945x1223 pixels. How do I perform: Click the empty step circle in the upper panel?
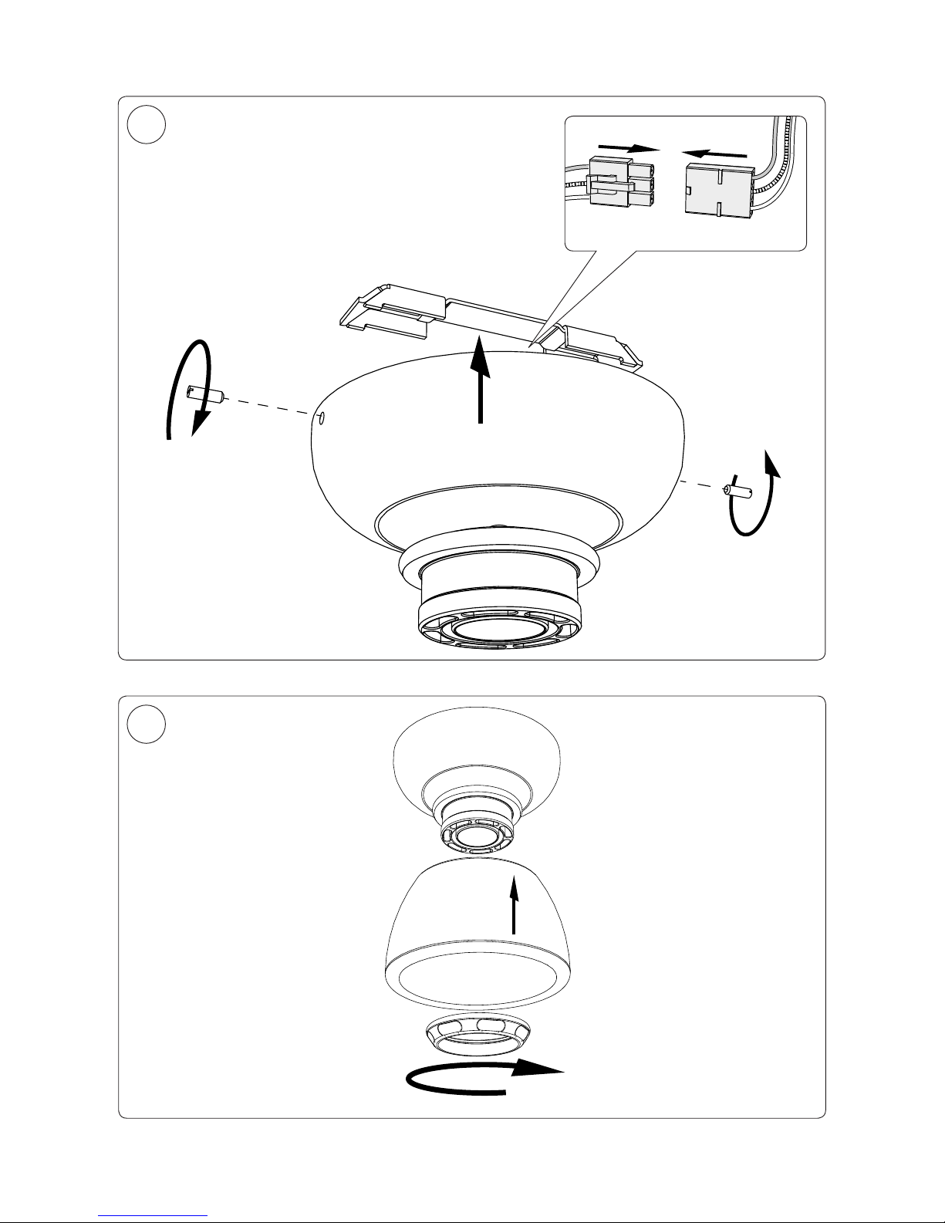(x=147, y=124)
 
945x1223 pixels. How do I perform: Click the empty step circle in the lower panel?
(x=147, y=725)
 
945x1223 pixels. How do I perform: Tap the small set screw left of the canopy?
(x=205, y=395)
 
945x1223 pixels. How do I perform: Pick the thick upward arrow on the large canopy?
(x=481, y=381)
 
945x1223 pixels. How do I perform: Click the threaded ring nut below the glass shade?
(x=477, y=1033)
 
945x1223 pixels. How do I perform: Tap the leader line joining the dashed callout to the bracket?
(x=579, y=297)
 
